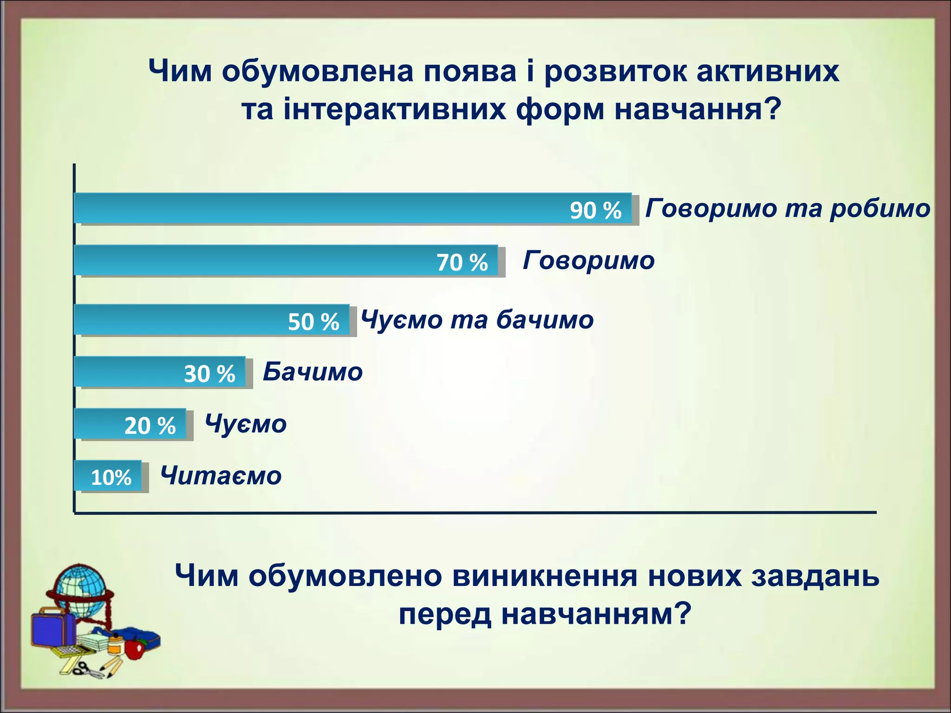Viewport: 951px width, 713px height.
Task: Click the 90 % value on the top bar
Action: (595, 210)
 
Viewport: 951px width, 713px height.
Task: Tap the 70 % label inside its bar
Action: (462, 262)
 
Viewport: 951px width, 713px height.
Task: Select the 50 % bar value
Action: (313, 322)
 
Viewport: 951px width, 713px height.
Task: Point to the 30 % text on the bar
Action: (209, 374)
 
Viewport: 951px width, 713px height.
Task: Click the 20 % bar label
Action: (150, 426)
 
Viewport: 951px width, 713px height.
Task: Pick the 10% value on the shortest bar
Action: (111, 478)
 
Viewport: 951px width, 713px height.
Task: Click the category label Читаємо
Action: (221, 476)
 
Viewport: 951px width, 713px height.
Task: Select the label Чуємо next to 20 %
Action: (246, 424)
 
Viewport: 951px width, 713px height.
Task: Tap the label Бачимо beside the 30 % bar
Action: (313, 372)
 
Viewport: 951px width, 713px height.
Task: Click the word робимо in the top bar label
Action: (880, 208)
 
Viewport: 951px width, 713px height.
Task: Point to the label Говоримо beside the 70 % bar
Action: (589, 260)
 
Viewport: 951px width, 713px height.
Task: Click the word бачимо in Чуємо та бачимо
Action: (545, 320)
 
